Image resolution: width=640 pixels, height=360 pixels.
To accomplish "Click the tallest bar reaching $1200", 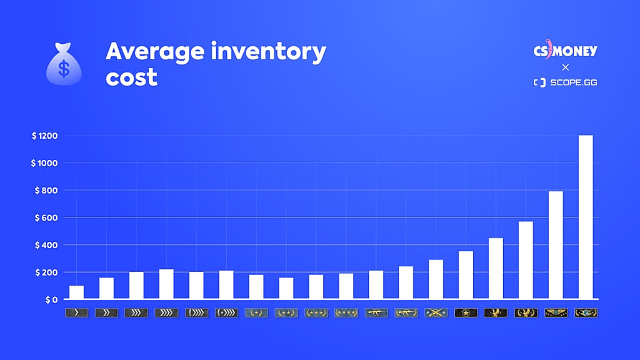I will click(x=586, y=217).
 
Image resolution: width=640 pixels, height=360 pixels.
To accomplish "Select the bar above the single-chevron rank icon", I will click(x=76, y=292).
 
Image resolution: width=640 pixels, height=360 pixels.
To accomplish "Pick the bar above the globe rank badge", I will click(x=586, y=217).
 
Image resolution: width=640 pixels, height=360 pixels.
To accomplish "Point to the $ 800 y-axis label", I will click(x=44, y=190).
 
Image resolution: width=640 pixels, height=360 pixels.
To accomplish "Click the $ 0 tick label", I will click(x=49, y=299).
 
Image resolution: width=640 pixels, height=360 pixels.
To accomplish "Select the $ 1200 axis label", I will click(x=44, y=136).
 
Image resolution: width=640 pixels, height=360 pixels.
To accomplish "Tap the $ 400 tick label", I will click(x=44, y=245).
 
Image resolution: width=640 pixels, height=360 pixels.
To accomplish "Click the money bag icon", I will click(x=64, y=64).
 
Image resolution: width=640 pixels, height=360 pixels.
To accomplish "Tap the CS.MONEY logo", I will click(x=565, y=51).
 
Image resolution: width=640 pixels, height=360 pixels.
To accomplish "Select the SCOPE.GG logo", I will click(x=565, y=82).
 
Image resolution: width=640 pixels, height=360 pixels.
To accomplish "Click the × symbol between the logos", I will click(x=565, y=67).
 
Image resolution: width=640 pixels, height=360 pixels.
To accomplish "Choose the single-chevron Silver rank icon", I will click(x=76, y=312).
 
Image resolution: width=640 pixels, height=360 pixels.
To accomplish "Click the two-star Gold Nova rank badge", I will click(x=286, y=312).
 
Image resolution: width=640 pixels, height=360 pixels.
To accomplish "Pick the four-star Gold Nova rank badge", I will click(x=346, y=312).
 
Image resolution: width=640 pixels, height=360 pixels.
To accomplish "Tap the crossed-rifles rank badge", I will click(x=436, y=312).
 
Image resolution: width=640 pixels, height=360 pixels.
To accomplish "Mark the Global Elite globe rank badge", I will click(x=586, y=312).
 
